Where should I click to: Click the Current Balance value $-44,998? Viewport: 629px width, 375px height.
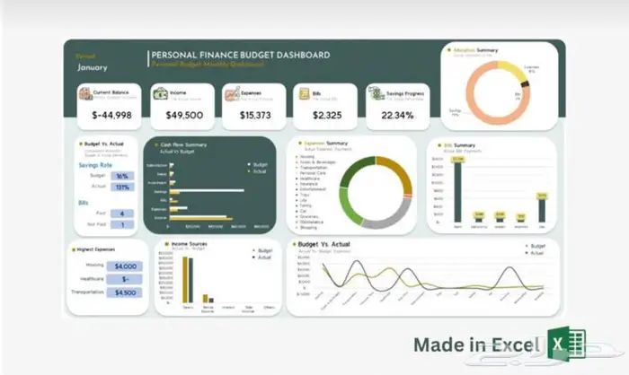[x=112, y=116]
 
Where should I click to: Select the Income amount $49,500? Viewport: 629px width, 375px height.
[x=182, y=116]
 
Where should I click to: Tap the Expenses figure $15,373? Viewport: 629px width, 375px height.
[x=253, y=116]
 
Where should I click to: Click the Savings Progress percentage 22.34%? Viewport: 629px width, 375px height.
[x=397, y=116]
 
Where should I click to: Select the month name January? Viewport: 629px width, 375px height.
[x=93, y=66]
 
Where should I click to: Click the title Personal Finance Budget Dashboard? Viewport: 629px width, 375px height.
[x=240, y=55]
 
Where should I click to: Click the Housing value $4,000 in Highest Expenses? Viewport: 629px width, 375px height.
[x=126, y=266]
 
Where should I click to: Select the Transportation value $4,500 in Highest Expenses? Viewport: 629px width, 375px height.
[x=126, y=292]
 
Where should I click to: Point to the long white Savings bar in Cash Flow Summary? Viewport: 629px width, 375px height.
[x=207, y=191]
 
